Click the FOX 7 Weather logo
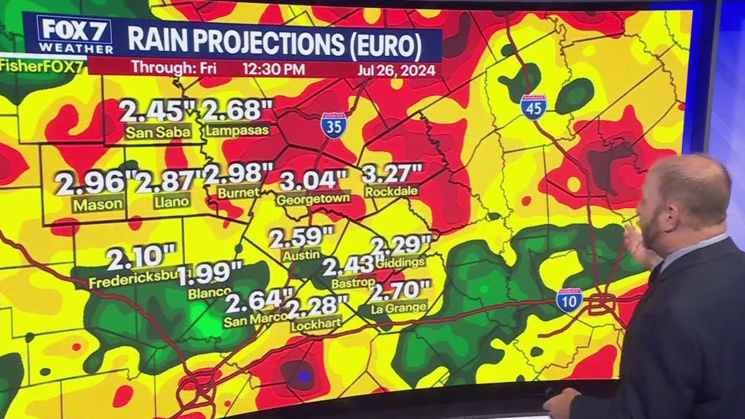[x=76, y=35]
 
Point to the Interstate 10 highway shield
[x=569, y=300]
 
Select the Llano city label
[x=171, y=202]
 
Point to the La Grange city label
[x=399, y=307]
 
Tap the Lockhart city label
[x=316, y=324]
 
